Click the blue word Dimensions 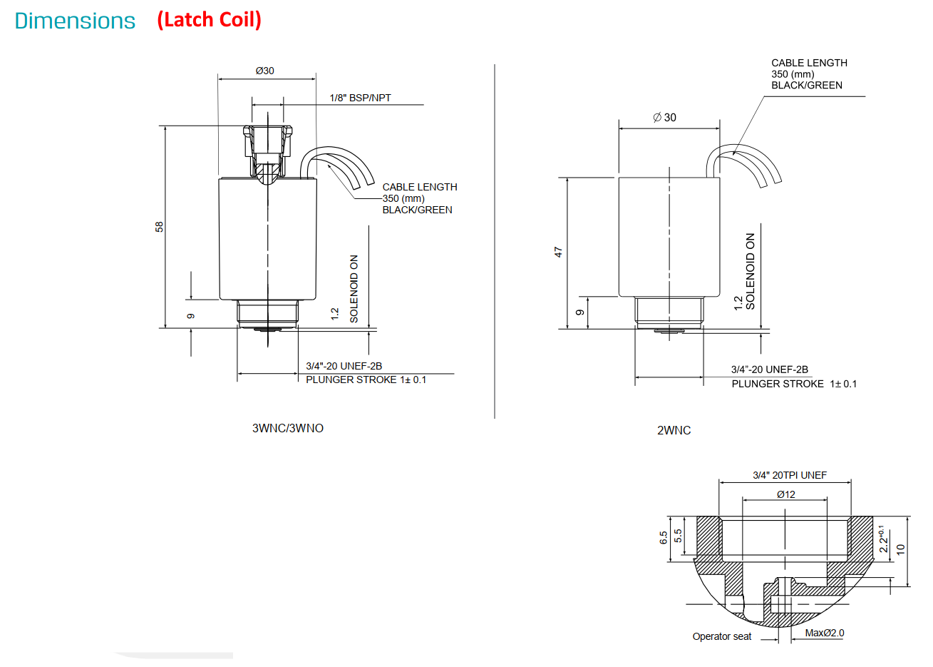(x=75, y=21)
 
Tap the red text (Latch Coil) (x=209, y=20)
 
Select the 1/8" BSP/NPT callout (x=360, y=98)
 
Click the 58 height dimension (x=159, y=227)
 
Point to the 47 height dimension (x=559, y=253)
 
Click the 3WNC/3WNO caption (x=288, y=429)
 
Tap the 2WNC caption (x=674, y=431)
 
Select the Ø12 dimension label (x=786, y=495)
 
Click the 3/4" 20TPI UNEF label (x=790, y=475)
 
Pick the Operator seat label (x=722, y=636)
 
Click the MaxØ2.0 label (x=825, y=633)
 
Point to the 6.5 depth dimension (x=664, y=538)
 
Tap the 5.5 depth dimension (x=678, y=536)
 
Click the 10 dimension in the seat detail (x=900, y=549)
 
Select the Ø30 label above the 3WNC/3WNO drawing (x=265, y=71)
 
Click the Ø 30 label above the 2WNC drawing (x=665, y=118)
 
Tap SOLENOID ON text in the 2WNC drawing (x=750, y=271)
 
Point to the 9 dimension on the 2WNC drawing (x=579, y=312)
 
